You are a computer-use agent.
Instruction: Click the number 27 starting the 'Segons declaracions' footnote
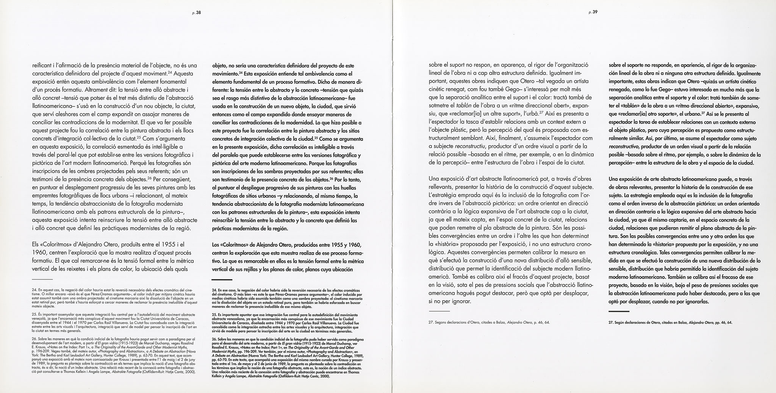pyautogui.click(x=431, y=323)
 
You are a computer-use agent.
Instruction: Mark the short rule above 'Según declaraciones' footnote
pyautogui.click(x=618, y=311)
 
